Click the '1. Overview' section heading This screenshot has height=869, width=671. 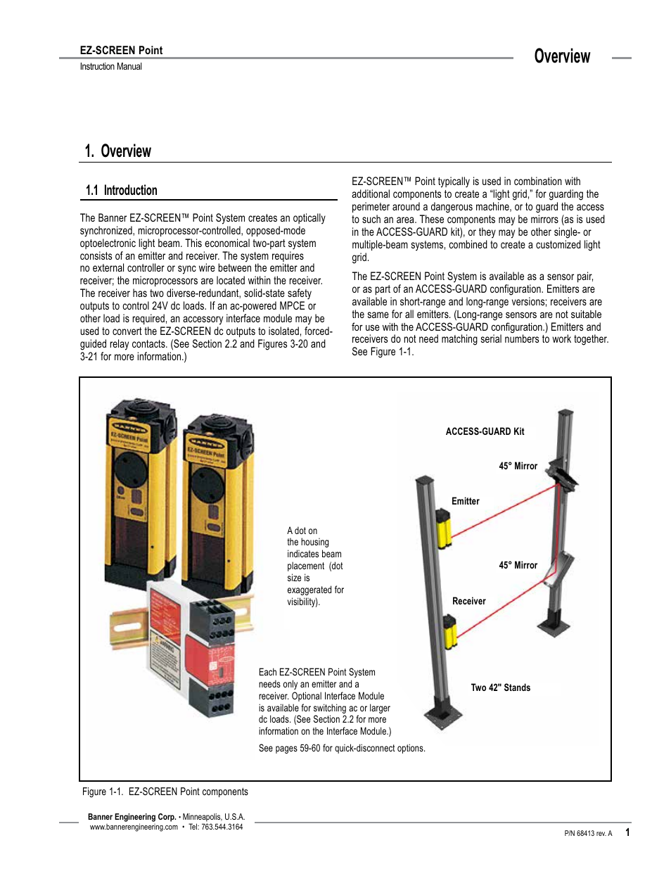[x=117, y=151]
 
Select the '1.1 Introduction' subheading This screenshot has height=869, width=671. [x=121, y=190]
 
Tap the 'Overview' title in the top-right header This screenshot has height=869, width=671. [x=562, y=56]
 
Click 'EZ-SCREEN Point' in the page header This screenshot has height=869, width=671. [x=121, y=50]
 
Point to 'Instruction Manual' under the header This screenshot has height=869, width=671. [x=110, y=67]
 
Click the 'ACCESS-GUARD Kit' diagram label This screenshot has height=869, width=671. [x=485, y=431]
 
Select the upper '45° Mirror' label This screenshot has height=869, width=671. [x=518, y=466]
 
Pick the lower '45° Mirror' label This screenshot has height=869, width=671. [x=518, y=565]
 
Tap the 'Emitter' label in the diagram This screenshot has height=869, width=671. [x=465, y=501]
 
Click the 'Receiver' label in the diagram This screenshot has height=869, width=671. [x=468, y=601]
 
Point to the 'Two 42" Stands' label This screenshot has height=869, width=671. [x=500, y=687]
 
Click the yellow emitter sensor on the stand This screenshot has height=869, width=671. [x=444, y=528]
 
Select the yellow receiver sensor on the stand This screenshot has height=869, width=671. [x=450, y=630]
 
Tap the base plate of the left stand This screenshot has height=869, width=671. [x=444, y=717]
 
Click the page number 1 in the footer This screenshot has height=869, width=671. [x=627, y=832]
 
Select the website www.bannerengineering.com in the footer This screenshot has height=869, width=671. [x=134, y=827]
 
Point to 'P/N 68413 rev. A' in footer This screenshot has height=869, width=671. [x=588, y=833]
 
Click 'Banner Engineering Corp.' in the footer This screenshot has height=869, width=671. [x=132, y=817]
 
